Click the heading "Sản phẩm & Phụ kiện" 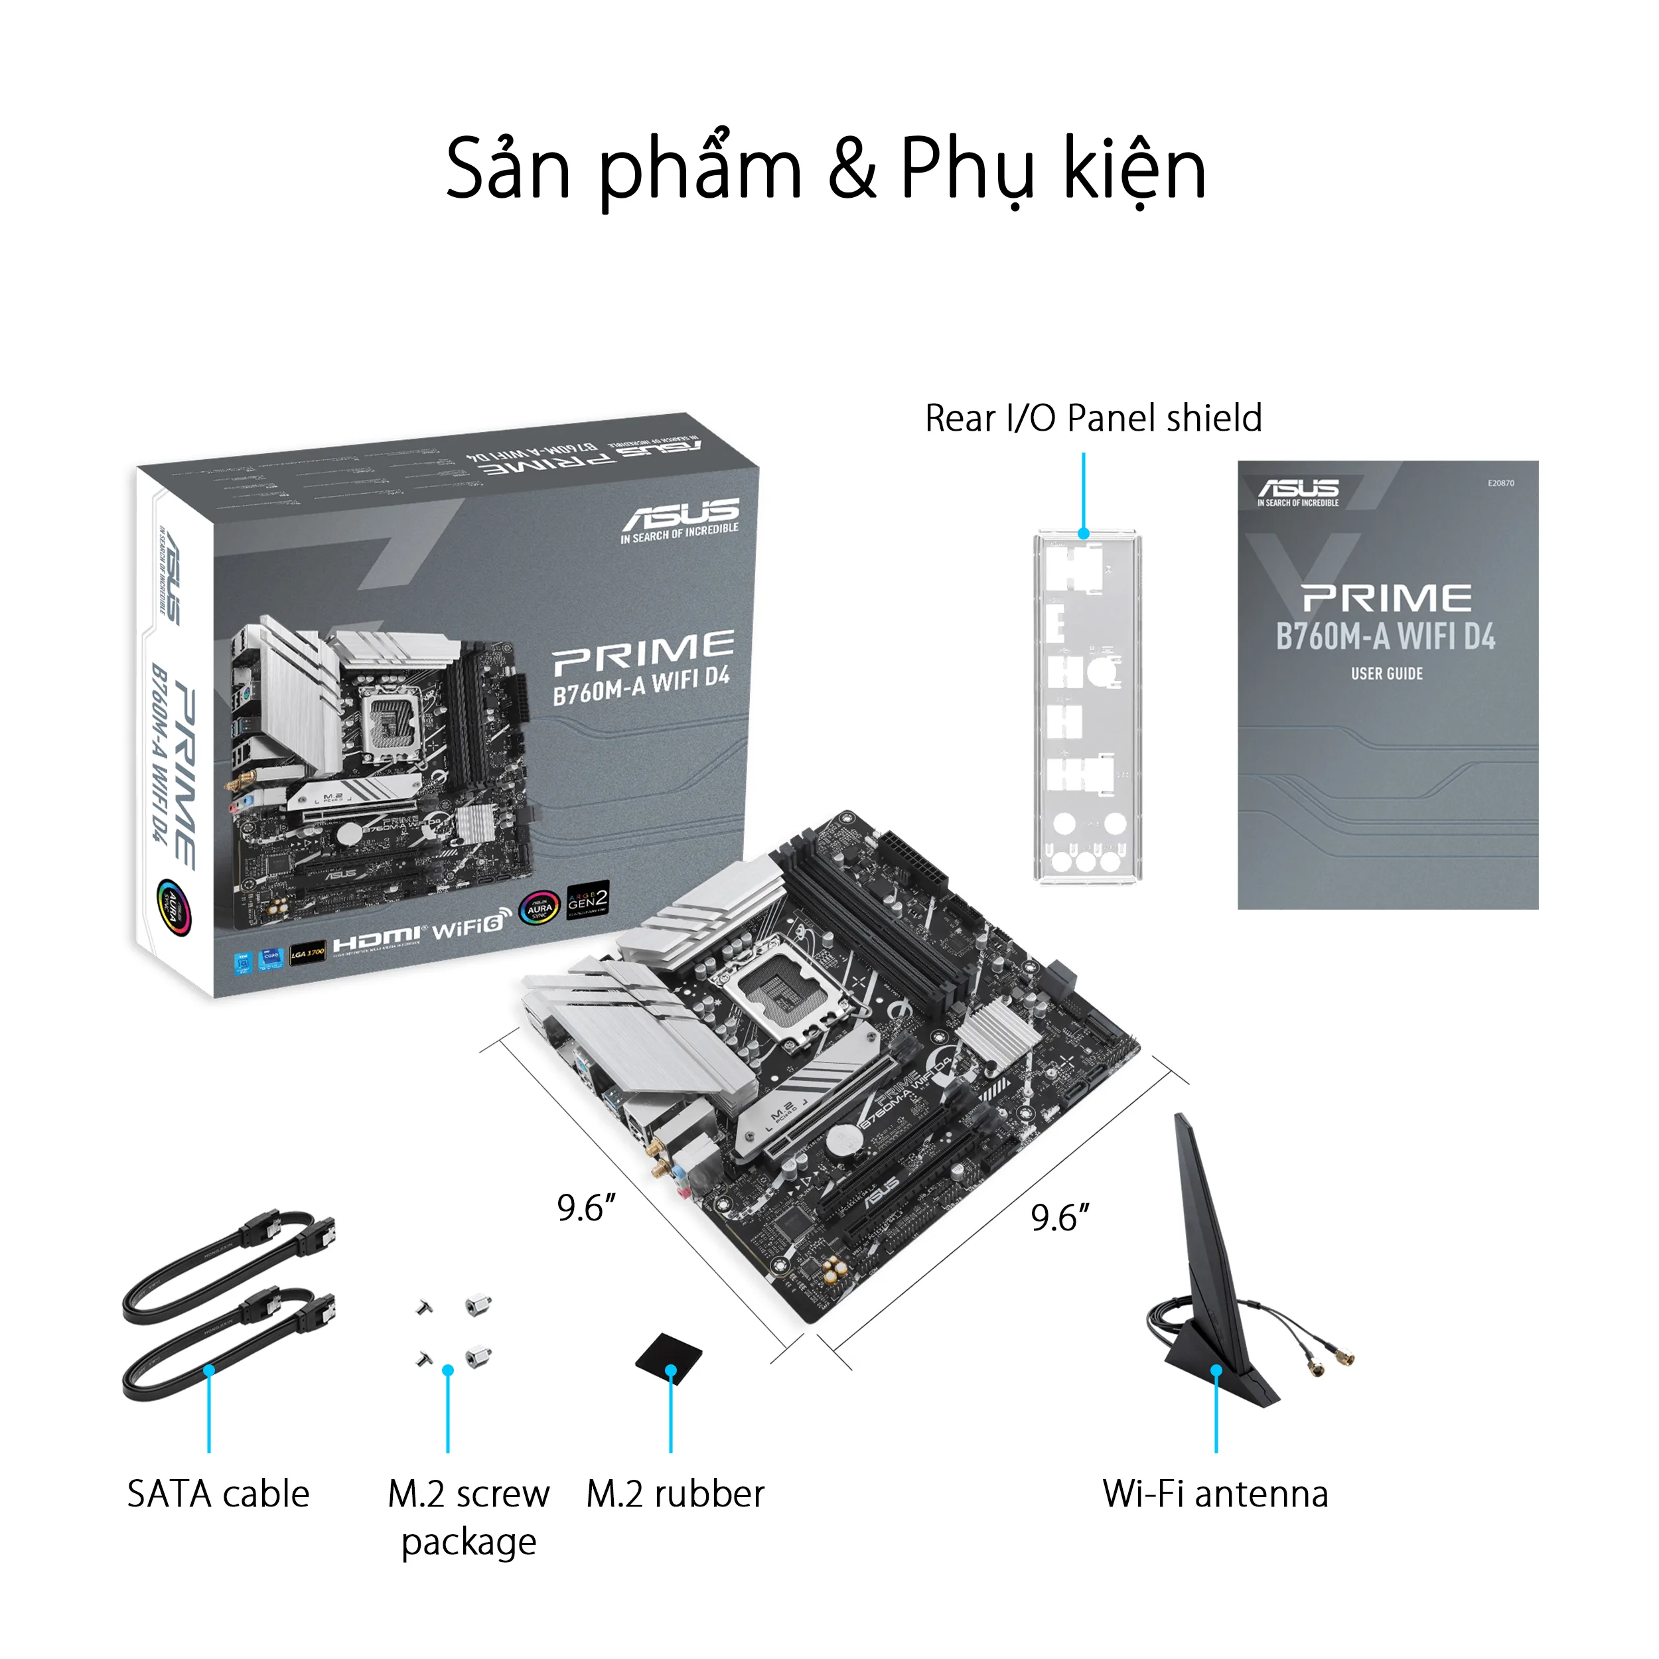pyautogui.click(x=826, y=169)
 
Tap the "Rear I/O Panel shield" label pyautogui.click(x=1093, y=419)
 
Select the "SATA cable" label pyautogui.click(x=218, y=1494)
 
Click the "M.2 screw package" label pyautogui.click(x=469, y=1517)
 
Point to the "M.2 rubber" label pyautogui.click(x=675, y=1494)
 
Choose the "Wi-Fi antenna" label pyautogui.click(x=1215, y=1494)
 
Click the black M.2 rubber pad pyautogui.click(x=668, y=1358)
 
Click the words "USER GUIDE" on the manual pyautogui.click(x=1387, y=674)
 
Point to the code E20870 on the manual pyautogui.click(x=1501, y=484)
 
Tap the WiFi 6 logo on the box pyautogui.click(x=470, y=928)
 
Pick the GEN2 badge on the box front pyautogui.click(x=588, y=899)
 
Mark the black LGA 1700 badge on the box pyautogui.click(x=307, y=953)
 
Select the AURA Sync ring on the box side pyautogui.click(x=173, y=906)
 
